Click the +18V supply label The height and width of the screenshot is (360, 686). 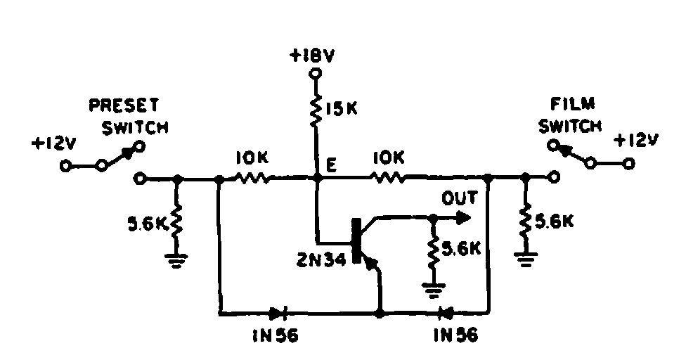coord(312,56)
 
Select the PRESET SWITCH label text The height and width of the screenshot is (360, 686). coord(129,117)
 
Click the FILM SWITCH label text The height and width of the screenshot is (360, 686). coord(570,116)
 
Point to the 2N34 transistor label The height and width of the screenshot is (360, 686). coord(321,259)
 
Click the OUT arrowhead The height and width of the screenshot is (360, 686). coord(463,217)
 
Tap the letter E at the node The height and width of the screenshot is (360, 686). coord(332,165)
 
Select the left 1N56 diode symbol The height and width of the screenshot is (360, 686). coord(278,312)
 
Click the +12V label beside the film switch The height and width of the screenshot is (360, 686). coord(635,141)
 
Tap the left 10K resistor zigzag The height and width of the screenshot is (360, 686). coord(252,178)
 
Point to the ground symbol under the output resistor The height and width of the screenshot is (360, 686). coord(433,290)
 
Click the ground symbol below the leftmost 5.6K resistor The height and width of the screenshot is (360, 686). coord(176,260)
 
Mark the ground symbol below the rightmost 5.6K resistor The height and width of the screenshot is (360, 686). coord(525,259)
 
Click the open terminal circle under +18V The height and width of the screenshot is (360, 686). coord(315,74)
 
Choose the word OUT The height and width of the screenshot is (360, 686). coord(459,198)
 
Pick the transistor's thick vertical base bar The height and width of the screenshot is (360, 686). coord(358,241)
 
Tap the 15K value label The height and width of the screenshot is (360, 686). coord(341,108)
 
